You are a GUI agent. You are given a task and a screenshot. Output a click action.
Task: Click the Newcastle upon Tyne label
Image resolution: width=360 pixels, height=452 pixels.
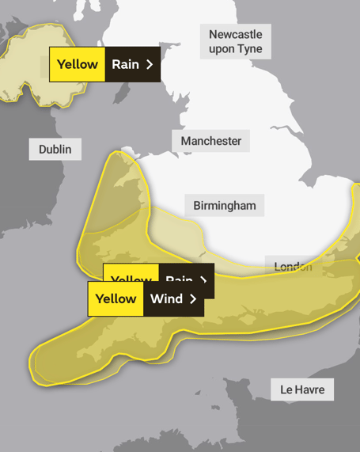point(235,41)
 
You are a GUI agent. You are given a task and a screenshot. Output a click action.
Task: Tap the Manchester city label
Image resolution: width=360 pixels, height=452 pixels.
point(210,141)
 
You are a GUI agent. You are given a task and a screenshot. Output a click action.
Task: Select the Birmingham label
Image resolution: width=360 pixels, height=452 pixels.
point(225,206)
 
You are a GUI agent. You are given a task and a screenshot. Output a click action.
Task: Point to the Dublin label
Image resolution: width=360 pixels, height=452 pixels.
point(55,149)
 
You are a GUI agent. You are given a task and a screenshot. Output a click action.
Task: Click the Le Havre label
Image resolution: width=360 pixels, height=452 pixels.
point(302,390)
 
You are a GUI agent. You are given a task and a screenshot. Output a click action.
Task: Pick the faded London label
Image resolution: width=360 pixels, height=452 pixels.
point(293,267)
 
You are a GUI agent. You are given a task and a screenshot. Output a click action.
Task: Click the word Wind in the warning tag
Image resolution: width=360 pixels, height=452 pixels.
point(166,298)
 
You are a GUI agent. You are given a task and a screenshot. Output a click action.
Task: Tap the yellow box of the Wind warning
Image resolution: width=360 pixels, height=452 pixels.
point(116,298)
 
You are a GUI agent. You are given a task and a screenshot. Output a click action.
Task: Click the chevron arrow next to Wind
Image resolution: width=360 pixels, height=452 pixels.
point(193,298)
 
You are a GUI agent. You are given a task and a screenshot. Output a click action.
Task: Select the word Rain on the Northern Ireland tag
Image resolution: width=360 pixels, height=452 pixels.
point(125,65)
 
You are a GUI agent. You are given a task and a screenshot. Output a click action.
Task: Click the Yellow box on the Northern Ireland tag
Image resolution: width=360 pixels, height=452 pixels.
point(77,65)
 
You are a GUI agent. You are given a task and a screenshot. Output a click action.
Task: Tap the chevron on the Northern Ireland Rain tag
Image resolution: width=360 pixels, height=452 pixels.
point(150,65)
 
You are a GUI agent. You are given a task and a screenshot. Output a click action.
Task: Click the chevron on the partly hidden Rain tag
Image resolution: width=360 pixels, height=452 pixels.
point(203,279)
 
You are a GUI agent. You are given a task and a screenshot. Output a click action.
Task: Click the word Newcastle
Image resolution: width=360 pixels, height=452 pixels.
point(236,34)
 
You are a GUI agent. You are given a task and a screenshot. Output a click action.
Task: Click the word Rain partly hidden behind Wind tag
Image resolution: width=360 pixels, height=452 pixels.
point(180,279)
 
